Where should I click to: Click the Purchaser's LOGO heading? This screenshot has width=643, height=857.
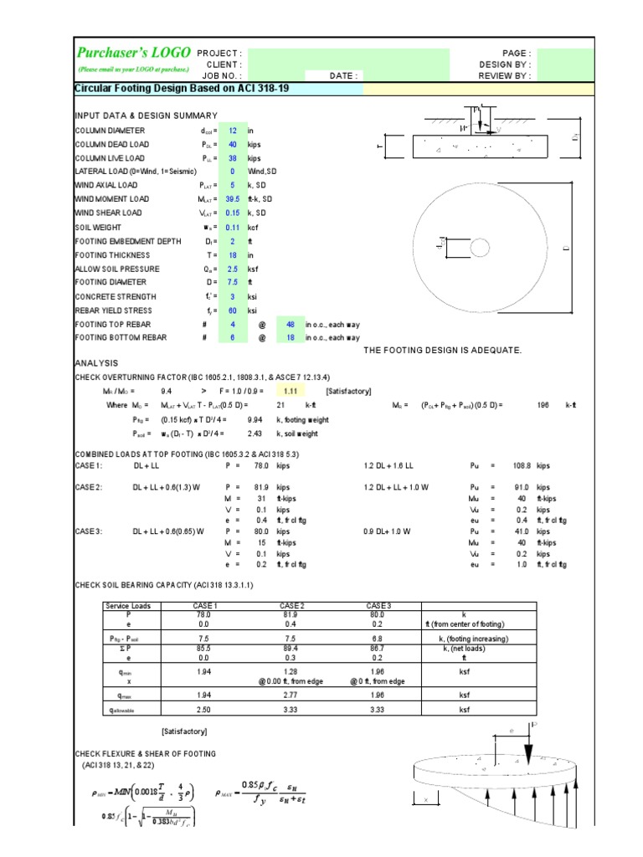(x=134, y=52)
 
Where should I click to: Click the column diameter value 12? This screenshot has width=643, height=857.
(x=234, y=131)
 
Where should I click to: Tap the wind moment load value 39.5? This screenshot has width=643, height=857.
(x=233, y=199)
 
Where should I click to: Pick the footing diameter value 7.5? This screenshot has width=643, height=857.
(x=234, y=283)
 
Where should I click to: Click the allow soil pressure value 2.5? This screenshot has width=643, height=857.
(x=234, y=269)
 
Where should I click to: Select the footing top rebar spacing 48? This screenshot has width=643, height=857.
(x=291, y=324)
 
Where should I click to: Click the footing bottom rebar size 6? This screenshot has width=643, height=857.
(x=234, y=338)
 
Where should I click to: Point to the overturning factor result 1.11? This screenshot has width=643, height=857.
(x=291, y=391)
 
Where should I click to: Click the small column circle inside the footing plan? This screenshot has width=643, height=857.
(x=481, y=248)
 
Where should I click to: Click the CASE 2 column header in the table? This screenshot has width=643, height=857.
(x=291, y=605)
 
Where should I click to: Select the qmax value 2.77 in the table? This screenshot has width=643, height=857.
(x=291, y=695)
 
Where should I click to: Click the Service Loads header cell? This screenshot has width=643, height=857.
(x=128, y=605)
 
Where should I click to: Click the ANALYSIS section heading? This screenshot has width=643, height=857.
(x=97, y=363)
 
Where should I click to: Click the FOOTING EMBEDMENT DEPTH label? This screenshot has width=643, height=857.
(x=125, y=241)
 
